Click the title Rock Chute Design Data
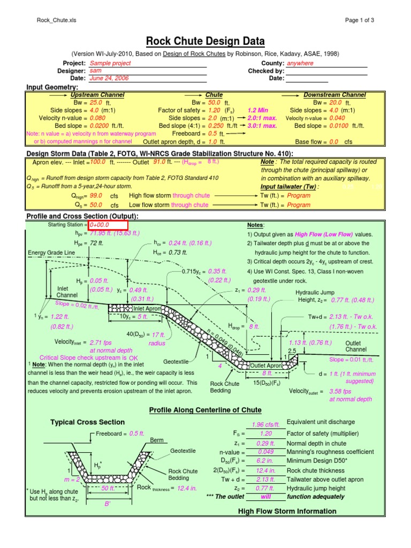pyautogui.click(x=205, y=41)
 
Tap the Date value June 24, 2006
pyautogui.click(x=109, y=78)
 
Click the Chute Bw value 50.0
pyautogui.click(x=215, y=102)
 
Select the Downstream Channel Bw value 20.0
pyautogui.click(x=336, y=102)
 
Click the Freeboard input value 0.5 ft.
pyautogui.click(x=212, y=133)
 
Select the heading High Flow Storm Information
pyautogui.click(x=287, y=512)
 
